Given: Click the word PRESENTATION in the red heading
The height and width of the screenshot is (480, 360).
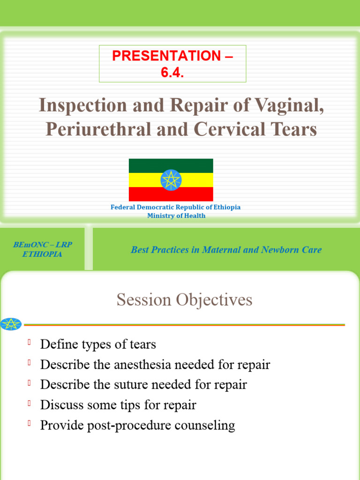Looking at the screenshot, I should (166, 56).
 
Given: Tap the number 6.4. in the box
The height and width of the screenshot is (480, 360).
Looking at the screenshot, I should (172, 73).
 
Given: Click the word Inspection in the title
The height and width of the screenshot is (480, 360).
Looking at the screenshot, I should (81, 106).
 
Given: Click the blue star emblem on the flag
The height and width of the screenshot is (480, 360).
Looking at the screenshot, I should (171, 180).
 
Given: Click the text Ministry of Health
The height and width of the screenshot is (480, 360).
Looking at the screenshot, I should (176, 216).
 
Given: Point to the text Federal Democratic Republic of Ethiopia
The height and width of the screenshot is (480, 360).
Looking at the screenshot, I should (175, 207).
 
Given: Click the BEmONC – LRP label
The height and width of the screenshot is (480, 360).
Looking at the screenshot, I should (43, 245).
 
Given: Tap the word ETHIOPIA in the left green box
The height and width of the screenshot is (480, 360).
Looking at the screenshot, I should (42, 255).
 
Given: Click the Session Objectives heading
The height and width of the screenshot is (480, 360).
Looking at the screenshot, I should (184, 300).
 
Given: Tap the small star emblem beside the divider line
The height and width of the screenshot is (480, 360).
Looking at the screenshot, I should (11, 324).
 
